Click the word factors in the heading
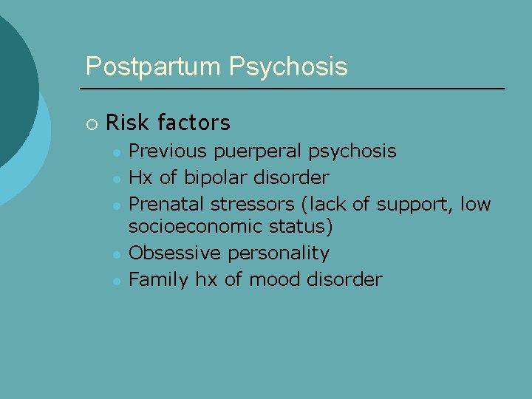pos(193,122)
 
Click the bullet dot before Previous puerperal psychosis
pos(116,152)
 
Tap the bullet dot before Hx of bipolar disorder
pos(116,178)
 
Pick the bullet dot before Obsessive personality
pos(116,253)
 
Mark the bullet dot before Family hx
pos(116,279)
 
